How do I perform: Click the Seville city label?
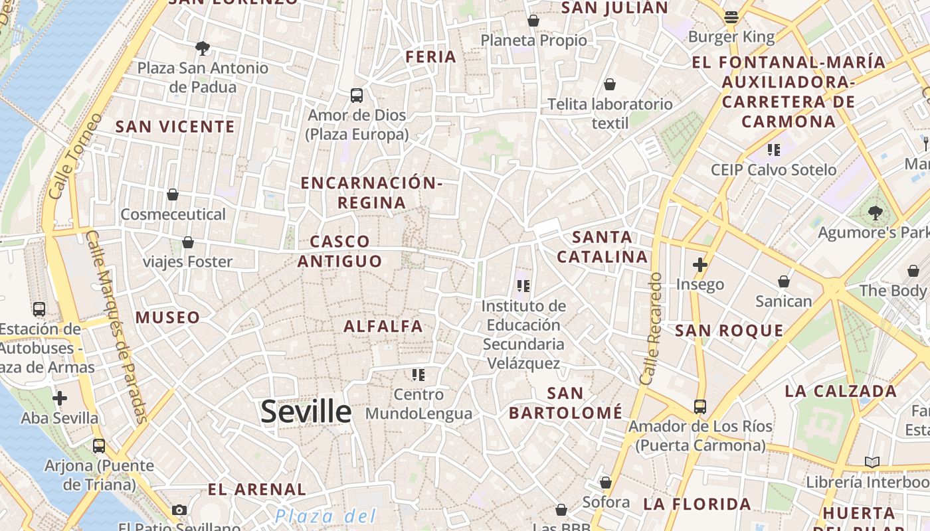pyautogui.click(x=306, y=412)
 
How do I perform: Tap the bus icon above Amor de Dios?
pyautogui.click(x=357, y=95)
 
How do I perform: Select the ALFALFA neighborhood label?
pyautogui.click(x=383, y=326)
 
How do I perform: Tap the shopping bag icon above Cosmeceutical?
pyautogui.click(x=173, y=194)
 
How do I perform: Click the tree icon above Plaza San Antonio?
pyautogui.click(x=203, y=48)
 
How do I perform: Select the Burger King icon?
pyautogui.click(x=731, y=17)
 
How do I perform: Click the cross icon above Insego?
pyautogui.click(x=699, y=265)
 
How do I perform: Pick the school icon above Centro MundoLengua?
pyautogui.click(x=418, y=375)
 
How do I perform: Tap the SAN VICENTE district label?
pyautogui.click(x=175, y=127)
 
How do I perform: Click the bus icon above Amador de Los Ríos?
pyautogui.click(x=699, y=406)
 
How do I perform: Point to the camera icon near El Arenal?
pyautogui.click(x=179, y=510)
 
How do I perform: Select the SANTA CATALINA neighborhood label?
pyautogui.click(x=602, y=247)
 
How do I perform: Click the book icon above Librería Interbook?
pyautogui.click(x=872, y=462)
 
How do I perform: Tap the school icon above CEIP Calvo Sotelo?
pyautogui.click(x=773, y=150)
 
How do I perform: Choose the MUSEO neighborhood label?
pyautogui.click(x=167, y=317)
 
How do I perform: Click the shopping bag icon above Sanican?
pyautogui.click(x=784, y=281)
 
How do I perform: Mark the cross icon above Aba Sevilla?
pyautogui.click(x=60, y=398)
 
